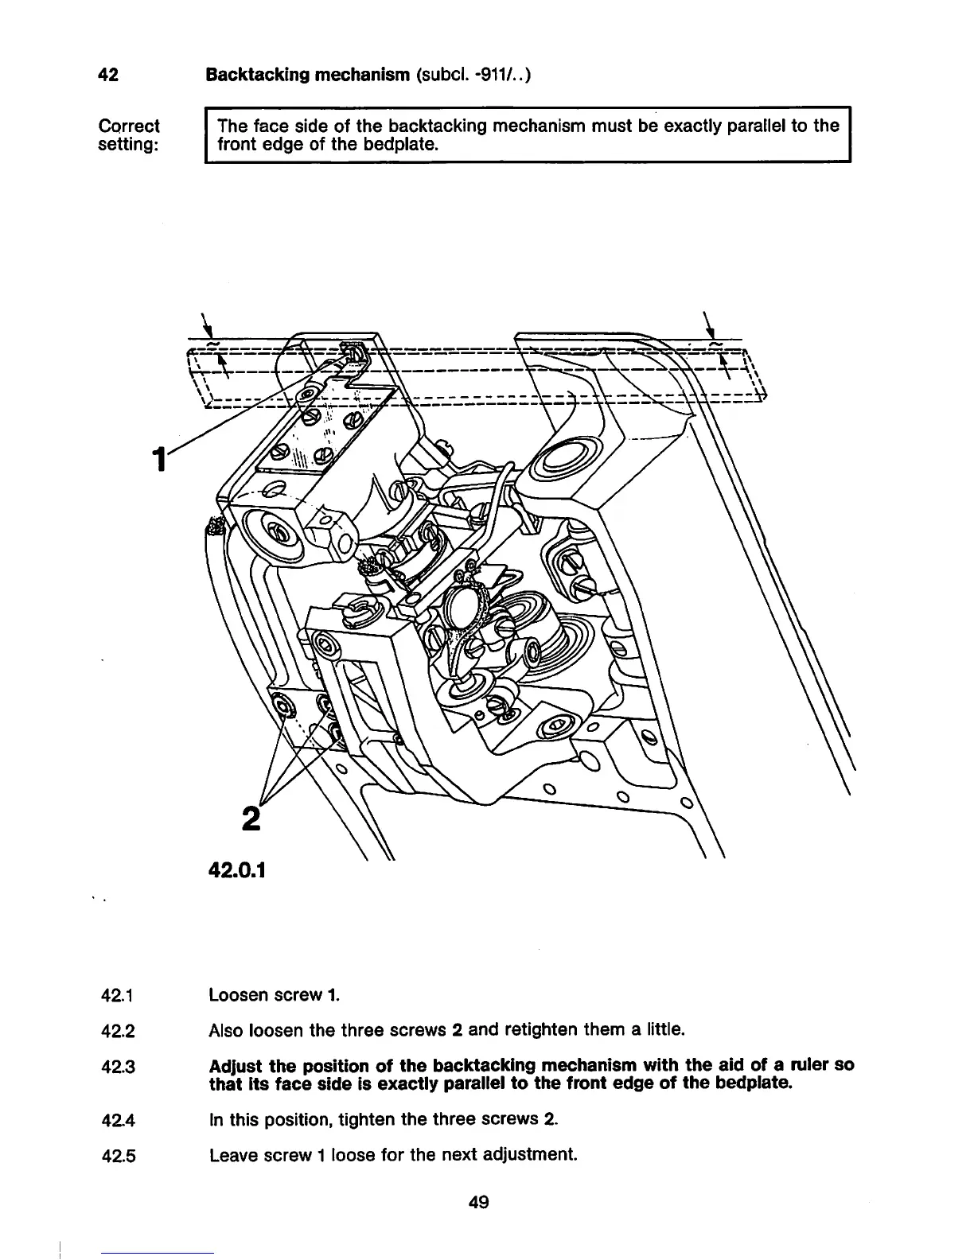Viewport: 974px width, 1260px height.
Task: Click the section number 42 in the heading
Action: [107, 76]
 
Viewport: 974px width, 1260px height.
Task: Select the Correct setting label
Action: [128, 135]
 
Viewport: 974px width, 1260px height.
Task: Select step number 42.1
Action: [117, 995]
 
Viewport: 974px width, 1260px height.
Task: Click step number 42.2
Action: [118, 1032]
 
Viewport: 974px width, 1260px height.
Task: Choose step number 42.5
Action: [118, 1155]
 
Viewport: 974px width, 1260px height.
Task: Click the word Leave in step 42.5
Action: [231, 1154]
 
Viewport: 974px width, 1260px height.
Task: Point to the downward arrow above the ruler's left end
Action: [208, 326]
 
